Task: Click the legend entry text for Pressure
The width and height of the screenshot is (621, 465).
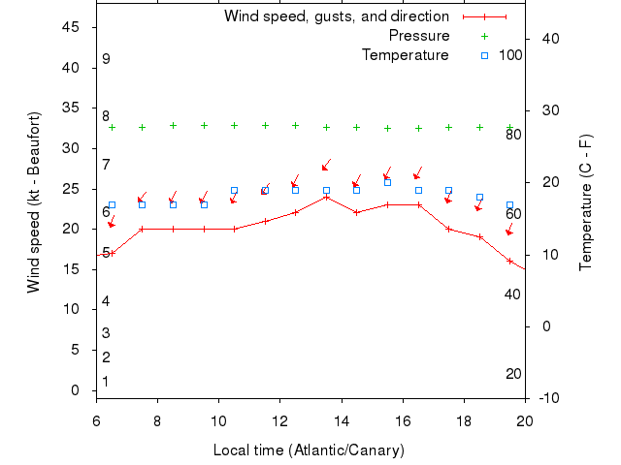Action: [419, 36]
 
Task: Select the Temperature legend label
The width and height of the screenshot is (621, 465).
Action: [405, 55]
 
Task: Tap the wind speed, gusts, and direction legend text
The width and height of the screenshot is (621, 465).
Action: [336, 16]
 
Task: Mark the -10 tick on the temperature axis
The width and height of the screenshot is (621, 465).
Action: [544, 398]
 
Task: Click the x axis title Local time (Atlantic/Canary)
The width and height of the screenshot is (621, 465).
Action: [309, 450]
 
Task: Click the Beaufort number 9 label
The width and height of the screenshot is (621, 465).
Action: [106, 59]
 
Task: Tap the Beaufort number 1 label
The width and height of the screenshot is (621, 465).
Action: [106, 382]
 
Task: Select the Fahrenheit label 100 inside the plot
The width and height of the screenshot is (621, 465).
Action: [511, 55]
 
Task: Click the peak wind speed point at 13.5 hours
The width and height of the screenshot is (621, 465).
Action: [326, 197]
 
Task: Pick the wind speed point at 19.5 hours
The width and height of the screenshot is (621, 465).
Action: [510, 261]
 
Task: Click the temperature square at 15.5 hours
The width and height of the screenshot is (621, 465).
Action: [387, 182]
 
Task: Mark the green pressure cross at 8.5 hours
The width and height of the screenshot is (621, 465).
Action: [173, 125]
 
